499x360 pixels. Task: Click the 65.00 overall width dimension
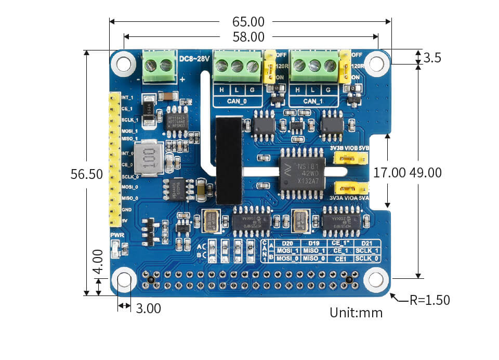(x=249, y=22)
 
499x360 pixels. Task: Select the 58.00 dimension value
(x=249, y=37)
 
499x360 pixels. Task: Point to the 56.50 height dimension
(x=87, y=174)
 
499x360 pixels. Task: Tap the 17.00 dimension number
(x=389, y=173)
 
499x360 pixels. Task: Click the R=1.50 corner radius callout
(x=429, y=300)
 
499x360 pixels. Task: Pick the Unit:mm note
(x=356, y=313)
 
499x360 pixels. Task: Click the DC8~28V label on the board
(x=194, y=58)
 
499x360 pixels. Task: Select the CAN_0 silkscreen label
(x=237, y=101)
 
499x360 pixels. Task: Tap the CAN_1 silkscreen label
(x=313, y=101)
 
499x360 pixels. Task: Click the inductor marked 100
(x=146, y=158)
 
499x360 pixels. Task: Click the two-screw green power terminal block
(x=159, y=66)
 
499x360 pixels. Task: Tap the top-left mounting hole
(x=124, y=64)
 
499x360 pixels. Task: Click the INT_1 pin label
(x=127, y=97)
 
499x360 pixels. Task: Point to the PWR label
(x=116, y=236)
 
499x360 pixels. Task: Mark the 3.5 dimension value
(x=432, y=58)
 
